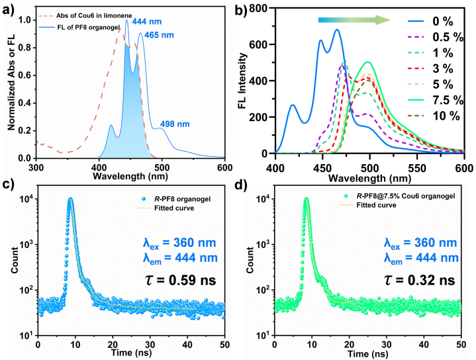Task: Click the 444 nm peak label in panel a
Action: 145,22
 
